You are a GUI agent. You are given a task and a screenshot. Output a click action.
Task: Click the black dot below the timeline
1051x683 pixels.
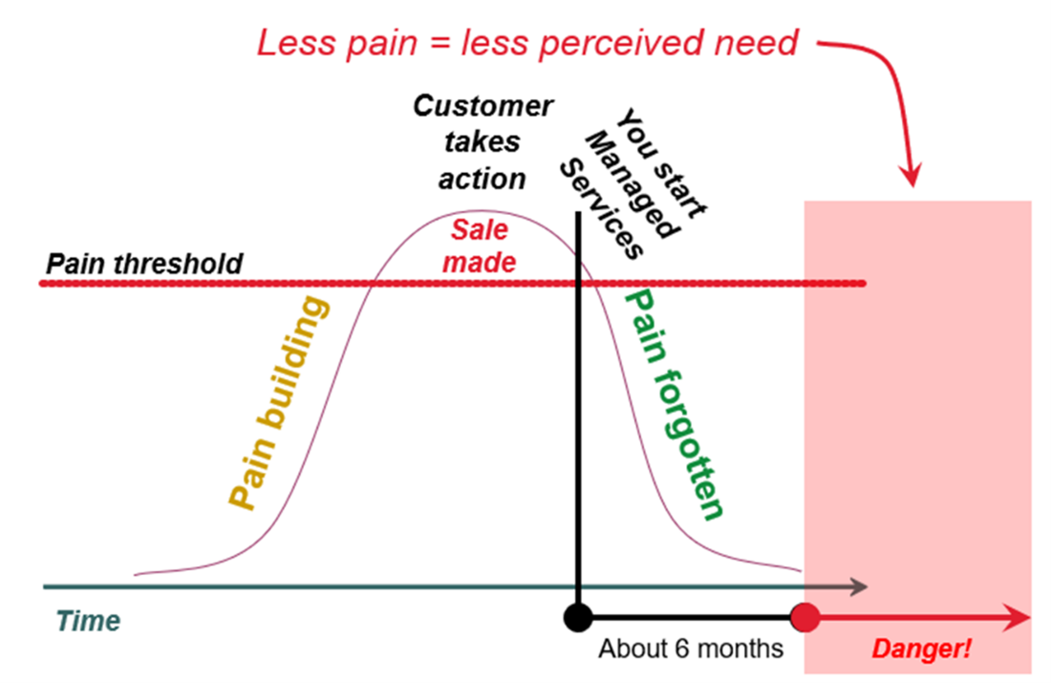577,616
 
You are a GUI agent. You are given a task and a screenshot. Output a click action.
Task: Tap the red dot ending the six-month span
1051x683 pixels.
805,617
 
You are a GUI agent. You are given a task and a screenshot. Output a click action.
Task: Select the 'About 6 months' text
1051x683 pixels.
691,649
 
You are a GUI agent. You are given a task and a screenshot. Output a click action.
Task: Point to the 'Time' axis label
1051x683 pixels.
88,621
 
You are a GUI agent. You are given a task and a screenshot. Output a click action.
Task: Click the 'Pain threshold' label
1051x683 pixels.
145,263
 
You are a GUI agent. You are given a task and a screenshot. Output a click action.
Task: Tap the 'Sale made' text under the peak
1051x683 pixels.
481,245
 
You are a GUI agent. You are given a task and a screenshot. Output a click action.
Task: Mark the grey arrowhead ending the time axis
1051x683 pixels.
860,586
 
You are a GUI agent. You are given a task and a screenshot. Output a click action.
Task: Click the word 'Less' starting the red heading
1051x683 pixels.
291,43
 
